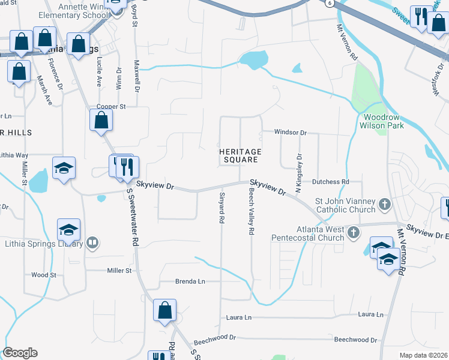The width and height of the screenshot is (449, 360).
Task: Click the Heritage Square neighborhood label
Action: pyautogui.click(x=239, y=156)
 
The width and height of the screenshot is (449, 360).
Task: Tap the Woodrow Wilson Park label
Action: pyautogui.click(x=381, y=121)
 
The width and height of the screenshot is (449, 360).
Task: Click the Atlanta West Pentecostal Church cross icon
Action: pyautogui.click(x=354, y=232)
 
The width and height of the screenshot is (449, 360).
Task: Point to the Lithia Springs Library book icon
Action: pyautogui.click(x=92, y=243)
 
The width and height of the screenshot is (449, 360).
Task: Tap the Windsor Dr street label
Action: pyautogui.click(x=291, y=132)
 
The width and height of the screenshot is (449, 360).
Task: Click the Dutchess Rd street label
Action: pyautogui.click(x=329, y=181)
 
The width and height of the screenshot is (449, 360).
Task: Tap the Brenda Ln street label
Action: pyautogui.click(x=190, y=281)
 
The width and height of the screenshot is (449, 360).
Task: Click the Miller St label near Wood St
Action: pyautogui.click(x=119, y=271)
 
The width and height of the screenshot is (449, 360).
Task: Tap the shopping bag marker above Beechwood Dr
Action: pyautogui.click(x=164, y=311)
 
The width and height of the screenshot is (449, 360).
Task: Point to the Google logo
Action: pyautogui.click(x=20, y=353)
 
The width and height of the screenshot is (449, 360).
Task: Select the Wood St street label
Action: pyautogui.click(x=43, y=275)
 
